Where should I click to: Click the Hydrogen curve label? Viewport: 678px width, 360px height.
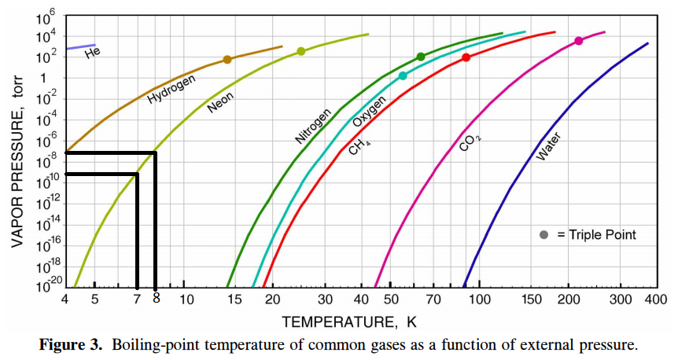click(x=171, y=90)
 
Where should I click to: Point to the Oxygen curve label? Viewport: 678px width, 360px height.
click(x=369, y=112)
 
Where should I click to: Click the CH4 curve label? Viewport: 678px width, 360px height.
click(x=360, y=145)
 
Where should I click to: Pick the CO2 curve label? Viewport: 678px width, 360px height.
click(x=470, y=142)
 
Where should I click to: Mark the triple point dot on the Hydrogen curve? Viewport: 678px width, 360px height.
click(x=227, y=60)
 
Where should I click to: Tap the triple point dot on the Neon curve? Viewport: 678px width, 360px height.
click(x=301, y=52)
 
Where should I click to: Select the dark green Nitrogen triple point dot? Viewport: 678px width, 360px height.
click(x=421, y=57)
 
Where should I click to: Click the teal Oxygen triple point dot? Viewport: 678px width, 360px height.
click(x=403, y=76)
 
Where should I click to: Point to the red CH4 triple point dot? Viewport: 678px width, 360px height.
click(x=466, y=57)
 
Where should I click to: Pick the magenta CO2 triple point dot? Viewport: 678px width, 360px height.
click(x=579, y=41)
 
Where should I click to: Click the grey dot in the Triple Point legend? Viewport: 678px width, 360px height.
click(x=544, y=234)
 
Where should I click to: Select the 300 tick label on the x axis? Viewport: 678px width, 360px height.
click(x=621, y=299)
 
